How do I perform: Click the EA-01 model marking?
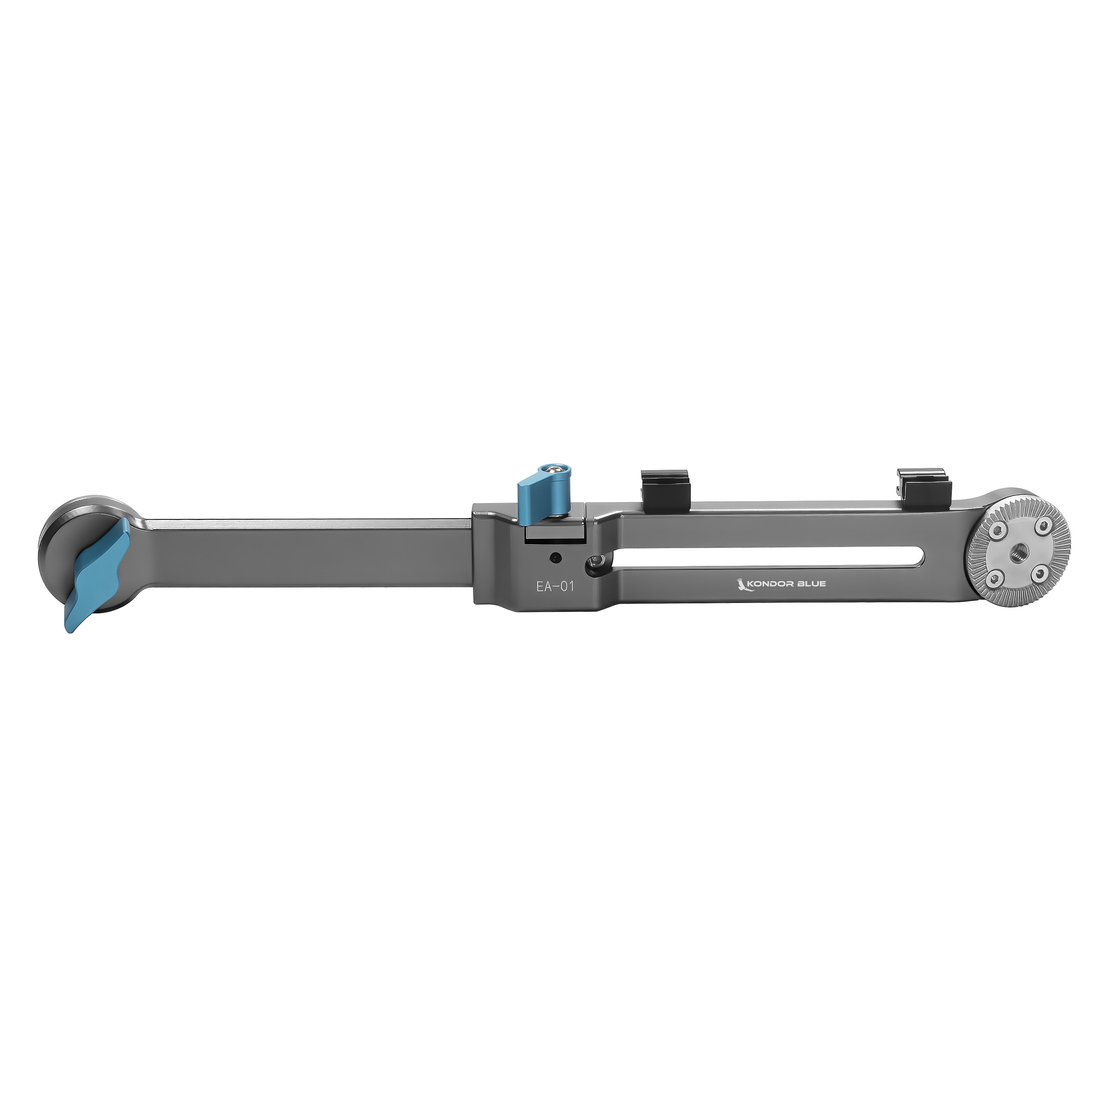pyautogui.click(x=554, y=586)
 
